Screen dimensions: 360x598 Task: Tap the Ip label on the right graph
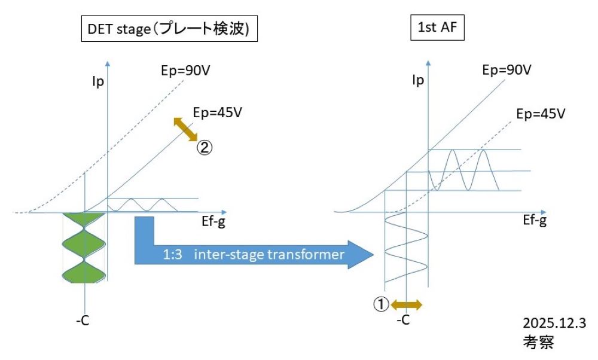(x=419, y=79)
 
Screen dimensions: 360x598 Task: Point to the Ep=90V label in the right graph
(x=506, y=69)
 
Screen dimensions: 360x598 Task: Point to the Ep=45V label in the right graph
(x=541, y=113)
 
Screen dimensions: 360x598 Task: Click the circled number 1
(x=381, y=304)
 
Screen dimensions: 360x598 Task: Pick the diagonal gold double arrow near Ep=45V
(x=186, y=129)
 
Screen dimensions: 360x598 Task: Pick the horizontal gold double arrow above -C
(x=407, y=304)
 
